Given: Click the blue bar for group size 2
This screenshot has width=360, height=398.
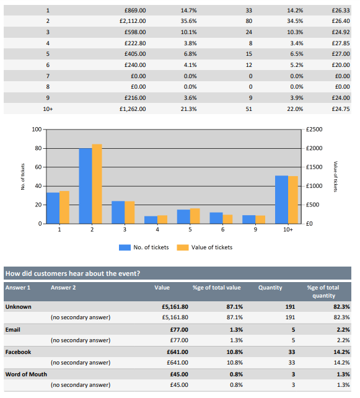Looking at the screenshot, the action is tap(86, 186).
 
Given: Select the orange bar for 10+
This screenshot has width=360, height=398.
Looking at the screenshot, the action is tap(293, 200).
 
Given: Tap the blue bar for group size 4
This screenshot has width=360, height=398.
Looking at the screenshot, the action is tap(151, 220).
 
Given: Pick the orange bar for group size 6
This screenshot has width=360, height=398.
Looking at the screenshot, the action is tap(227, 219).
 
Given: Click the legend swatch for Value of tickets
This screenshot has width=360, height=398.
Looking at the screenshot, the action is tap(183, 247).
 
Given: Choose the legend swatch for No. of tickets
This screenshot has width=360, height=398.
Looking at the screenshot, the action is tap(125, 247).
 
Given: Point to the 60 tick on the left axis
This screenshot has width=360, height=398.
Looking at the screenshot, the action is tap(38, 167).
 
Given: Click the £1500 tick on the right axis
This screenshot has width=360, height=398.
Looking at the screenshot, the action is tap(314, 167).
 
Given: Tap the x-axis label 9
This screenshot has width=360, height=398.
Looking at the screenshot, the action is tap(255, 230).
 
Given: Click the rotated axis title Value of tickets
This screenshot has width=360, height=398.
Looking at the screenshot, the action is tap(335, 177).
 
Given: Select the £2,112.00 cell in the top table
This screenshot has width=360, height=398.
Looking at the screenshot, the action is tap(133, 21).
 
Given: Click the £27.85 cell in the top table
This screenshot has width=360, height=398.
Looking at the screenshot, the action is tap(341, 43).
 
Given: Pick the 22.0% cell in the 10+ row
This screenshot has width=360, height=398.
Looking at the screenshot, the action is tap(295, 109).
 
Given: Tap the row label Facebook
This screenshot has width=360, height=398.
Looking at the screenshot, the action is tap(18, 352).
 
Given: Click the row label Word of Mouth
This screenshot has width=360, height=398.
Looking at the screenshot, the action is tap(26, 374).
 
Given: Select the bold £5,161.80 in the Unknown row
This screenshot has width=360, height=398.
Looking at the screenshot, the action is tap(175, 307).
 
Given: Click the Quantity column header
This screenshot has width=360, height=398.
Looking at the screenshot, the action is tap(270, 288).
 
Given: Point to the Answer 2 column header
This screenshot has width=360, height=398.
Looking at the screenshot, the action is tap(63, 288).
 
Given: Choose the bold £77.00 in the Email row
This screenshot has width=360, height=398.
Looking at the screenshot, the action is tap(179, 330).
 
